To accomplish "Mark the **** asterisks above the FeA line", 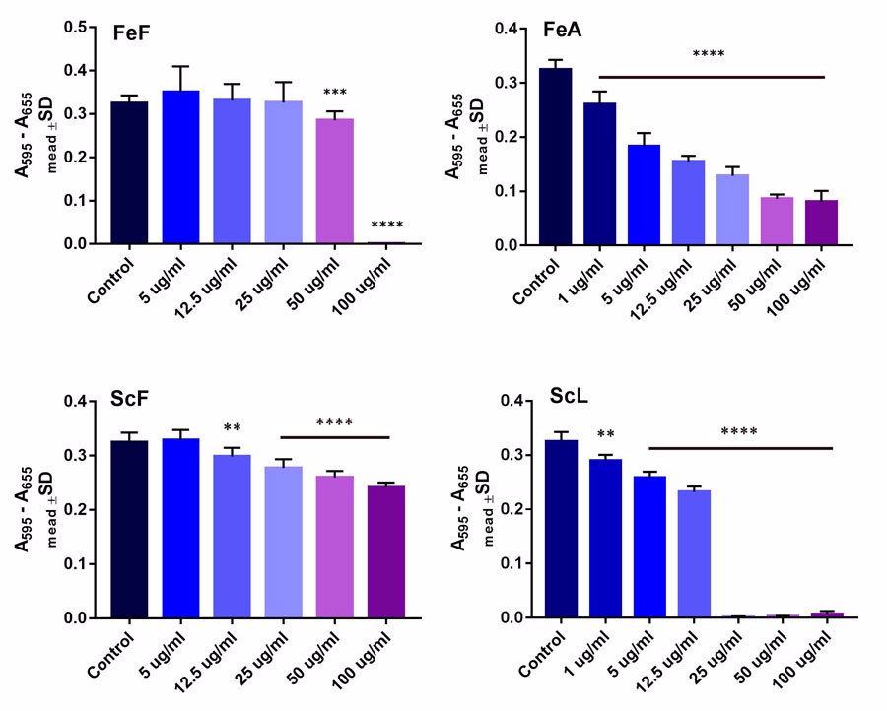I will [709, 55].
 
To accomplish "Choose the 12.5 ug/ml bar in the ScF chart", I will [233, 537].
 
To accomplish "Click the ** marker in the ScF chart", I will [233, 428].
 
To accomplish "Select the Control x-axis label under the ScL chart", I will [540, 665].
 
